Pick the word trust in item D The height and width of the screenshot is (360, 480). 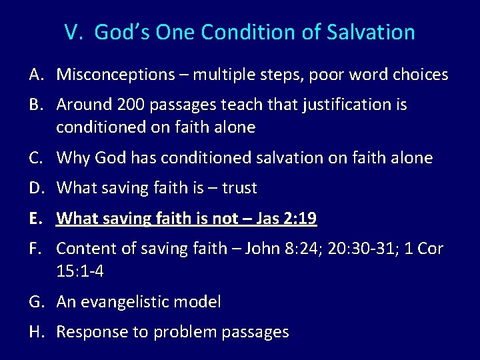(x=239, y=189)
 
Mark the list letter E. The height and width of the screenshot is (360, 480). (x=34, y=219)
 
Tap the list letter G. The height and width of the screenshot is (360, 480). (x=35, y=302)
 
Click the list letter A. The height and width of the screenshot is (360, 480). (x=35, y=75)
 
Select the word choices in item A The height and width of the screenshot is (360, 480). (x=421, y=75)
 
